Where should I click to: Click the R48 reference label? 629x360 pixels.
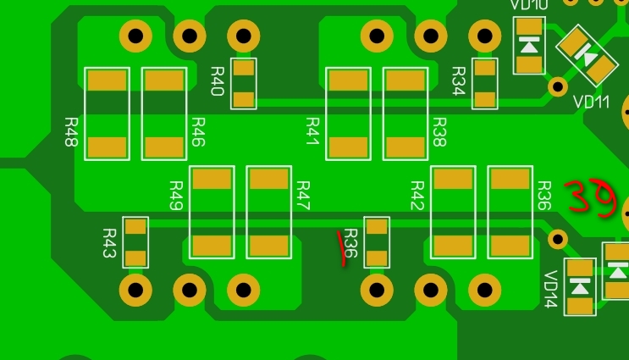(x=71, y=132)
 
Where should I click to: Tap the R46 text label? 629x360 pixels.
(x=199, y=132)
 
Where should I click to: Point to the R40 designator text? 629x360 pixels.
(x=217, y=80)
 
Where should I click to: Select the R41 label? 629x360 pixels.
(x=312, y=132)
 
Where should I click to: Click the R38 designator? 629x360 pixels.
(x=439, y=132)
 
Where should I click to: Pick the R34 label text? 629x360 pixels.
(x=459, y=80)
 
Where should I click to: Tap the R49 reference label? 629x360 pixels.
(x=176, y=196)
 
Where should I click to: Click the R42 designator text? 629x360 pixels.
(x=417, y=196)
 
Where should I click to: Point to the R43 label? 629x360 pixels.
(x=109, y=242)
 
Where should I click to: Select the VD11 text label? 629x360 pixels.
(x=591, y=102)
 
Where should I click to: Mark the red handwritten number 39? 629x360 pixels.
(x=588, y=198)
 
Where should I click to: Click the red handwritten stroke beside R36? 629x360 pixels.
(x=344, y=247)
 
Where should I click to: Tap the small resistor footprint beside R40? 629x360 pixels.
(x=244, y=83)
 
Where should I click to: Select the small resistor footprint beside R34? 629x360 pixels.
(x=485, y=83)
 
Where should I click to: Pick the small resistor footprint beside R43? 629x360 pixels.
(x=135, y=242)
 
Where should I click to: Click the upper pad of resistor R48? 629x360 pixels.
(x=108, y=81)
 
